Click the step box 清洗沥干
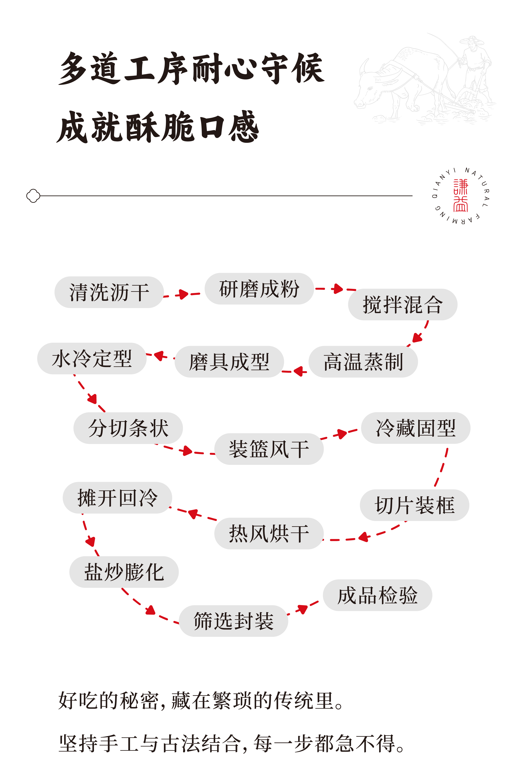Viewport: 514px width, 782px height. pyautogui.click(x=109, y=292)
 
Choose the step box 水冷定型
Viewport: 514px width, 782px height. pyautogui.click(x=92, y=359)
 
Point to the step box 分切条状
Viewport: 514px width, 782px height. pyautogui.click(x=128, y=428)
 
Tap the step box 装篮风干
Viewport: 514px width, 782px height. pyautogui.click(x=269, y=449)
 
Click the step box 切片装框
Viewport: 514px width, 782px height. pyautogui.click(x=414, y=505)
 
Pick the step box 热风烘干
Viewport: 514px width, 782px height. pyautogui.click(x=269, y=533)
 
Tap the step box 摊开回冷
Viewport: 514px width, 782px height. pyautogui.click(x=117, y=498)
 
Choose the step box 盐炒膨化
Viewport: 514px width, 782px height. pyautogui.click(x=124, y=572)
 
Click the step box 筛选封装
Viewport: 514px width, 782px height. pyautogui.click(x=234, y=621)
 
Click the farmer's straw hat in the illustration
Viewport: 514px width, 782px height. pyautogui.click(x=472, y=40)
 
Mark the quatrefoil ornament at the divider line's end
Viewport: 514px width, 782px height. pyautogui.click(x=33, y=196)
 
